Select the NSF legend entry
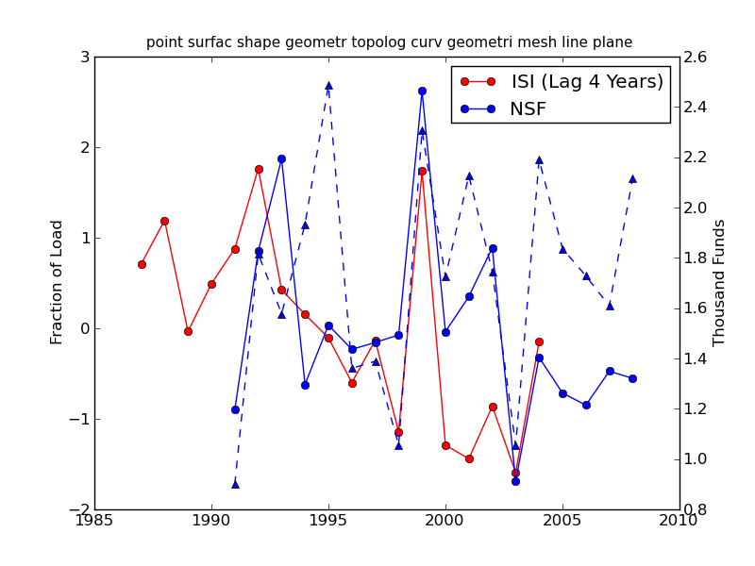pos(528,109)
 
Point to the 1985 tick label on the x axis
pos(94,521)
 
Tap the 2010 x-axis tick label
pos(679,521)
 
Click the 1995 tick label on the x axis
pos(328,521)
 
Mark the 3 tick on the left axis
pos(85,58)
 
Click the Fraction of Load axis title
pos(58,282)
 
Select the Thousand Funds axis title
pos(720,282)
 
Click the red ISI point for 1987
pos(142,264)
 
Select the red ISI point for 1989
pos(188,331)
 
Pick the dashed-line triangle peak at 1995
pos(328,85)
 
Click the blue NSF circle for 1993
pos(281,158)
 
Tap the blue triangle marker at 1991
pos(235,484)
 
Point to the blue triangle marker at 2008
pos(632,178)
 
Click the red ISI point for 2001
pos(469,458)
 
